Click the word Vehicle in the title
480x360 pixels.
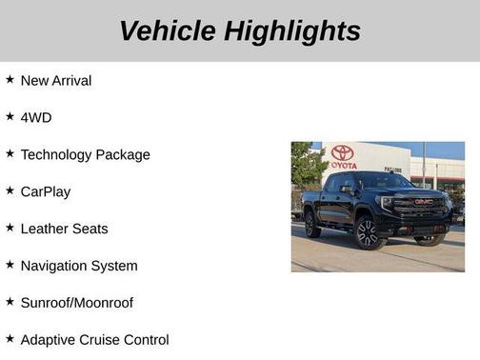[x=168, y=30]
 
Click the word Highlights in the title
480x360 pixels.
[x=293, y=30]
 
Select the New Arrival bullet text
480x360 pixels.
[x=56, y=81]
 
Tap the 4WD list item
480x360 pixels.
[x=36, y=117]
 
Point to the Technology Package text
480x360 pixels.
[x=85, y=154]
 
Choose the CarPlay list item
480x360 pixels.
[x=46, y=191]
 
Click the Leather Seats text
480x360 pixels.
[x=64, y=229]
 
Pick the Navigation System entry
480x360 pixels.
[x=79, y=266]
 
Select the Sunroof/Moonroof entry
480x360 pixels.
[x=77, y=303]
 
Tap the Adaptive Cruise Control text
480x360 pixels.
[x=94, y=340]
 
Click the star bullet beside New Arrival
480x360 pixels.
[x=10, y=80]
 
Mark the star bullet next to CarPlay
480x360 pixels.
[x=10, y=190]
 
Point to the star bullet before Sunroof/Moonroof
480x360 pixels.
[x=10, y=302]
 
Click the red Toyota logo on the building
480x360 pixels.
[x=343, y=152]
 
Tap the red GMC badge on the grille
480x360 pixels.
[x=423, y=202]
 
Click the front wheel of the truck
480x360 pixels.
[x=368, y=232]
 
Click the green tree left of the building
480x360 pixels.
[x=305, y=165]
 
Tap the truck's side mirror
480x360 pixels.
[x=348, y=190]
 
